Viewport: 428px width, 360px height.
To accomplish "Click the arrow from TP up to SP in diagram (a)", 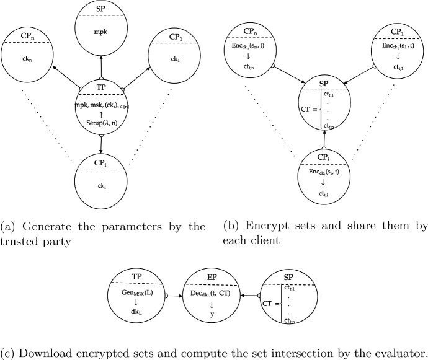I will pyautogui.click(x=100, y=68).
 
